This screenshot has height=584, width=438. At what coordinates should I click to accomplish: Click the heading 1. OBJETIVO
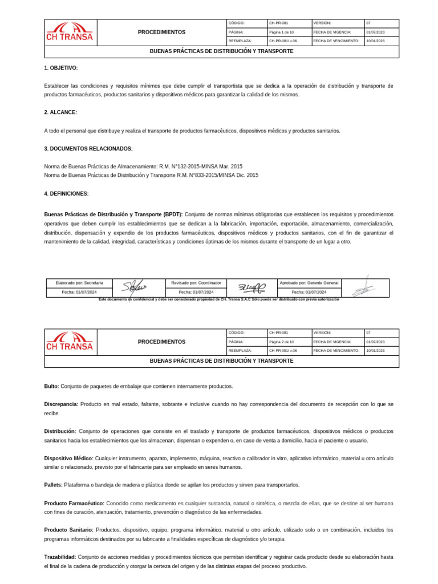60,68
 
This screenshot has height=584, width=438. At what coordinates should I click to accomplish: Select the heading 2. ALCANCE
60,112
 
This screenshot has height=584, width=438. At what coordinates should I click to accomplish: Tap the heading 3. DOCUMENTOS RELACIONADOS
88,149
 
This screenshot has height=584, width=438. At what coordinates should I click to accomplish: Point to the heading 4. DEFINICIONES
66,194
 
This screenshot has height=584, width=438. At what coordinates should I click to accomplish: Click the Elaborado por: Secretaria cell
79,283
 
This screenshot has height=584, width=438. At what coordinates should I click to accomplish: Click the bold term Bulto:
51,386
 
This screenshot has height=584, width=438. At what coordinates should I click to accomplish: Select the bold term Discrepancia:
61,404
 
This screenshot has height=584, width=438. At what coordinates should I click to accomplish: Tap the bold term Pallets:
53,485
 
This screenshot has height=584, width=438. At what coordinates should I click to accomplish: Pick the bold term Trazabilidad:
60,557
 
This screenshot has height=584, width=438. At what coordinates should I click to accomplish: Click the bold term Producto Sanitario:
69,530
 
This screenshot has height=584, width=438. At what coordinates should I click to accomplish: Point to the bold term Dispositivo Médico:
68,458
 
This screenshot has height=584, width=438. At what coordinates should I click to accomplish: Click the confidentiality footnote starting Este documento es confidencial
218,299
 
